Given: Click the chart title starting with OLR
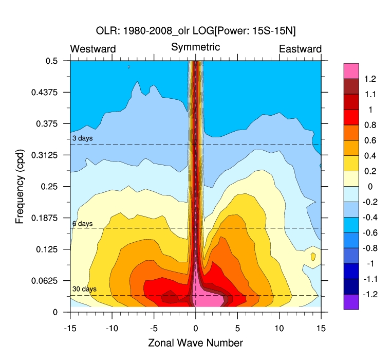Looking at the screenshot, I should [x=195, y=31].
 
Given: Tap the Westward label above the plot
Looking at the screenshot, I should [x=93, y=49].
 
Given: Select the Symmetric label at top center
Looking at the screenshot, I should [x=195, y=47].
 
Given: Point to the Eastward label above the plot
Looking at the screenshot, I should [x=300, y=49].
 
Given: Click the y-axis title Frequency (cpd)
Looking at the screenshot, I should [x=20, y=186].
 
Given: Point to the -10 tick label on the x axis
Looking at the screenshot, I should [x=110, y=327].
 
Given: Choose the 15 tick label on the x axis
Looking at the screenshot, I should [x=321, y=327].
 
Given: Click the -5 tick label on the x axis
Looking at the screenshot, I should [x=153, y=327].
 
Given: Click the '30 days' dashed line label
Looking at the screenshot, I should [x=84, y=290].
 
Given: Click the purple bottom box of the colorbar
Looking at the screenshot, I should [x=351, y=302].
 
